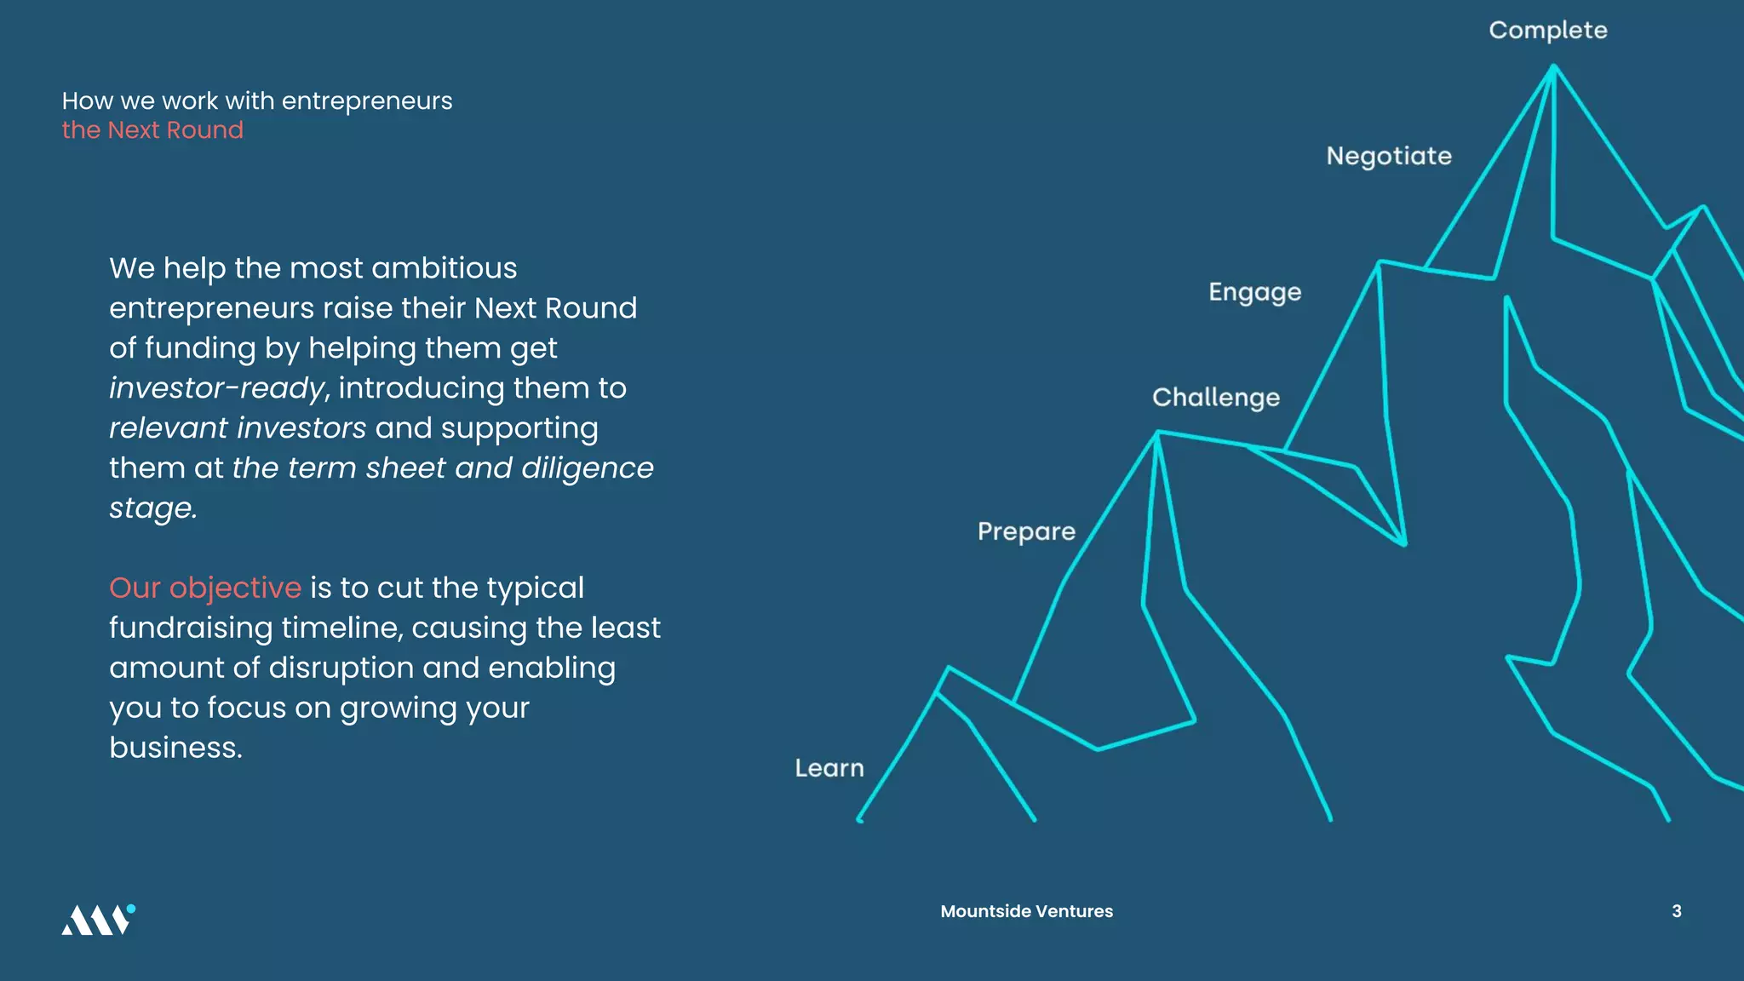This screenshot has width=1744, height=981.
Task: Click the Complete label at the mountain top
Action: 1547,31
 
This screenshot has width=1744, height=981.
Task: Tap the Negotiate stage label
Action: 1388,157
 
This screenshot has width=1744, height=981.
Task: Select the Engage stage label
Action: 1254,293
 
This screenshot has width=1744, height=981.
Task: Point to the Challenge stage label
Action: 1215,399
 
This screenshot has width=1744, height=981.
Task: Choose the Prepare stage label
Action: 1026,532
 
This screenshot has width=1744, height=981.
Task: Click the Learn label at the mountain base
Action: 829,768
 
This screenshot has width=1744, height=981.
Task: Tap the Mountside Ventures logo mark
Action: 96,921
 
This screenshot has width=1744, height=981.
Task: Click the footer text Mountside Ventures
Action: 1026,911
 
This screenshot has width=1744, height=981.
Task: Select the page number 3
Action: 1676,911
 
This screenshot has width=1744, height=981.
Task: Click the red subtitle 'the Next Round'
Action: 152,130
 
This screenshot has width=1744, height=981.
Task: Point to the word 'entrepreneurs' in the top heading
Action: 366,101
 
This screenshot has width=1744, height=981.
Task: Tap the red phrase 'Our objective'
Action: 205,588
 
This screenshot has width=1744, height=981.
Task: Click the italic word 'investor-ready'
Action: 216,389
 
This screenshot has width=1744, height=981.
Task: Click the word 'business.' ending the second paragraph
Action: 175,748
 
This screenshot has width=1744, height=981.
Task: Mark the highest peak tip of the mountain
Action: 1552,66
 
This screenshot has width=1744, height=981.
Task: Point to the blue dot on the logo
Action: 131,909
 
